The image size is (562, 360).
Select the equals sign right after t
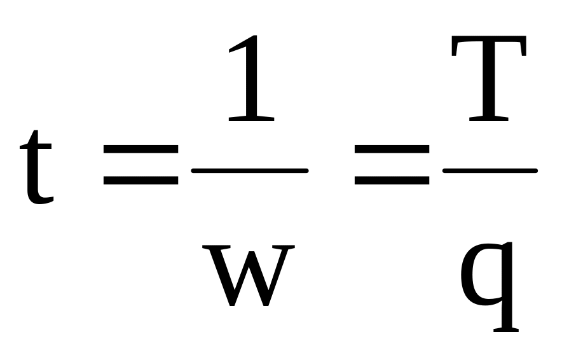[x=141, y=165]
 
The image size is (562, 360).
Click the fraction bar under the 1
[x=250, y=170]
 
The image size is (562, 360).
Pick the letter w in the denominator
[x=249, y=275]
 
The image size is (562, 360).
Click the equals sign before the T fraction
[x=392, y=165]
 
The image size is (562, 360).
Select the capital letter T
[x=489, y=78]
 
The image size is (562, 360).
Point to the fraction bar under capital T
[x=490, y=170]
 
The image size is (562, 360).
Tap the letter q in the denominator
[x=489, y=287]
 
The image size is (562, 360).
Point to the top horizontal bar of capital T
[x=489, y=39]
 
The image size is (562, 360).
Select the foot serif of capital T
[x=489, y=119]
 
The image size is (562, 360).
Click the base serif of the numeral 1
[x=251, y=119]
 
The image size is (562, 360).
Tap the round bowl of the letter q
[x=480, y=275]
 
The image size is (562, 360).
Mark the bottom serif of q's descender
[x=506, y=329]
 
